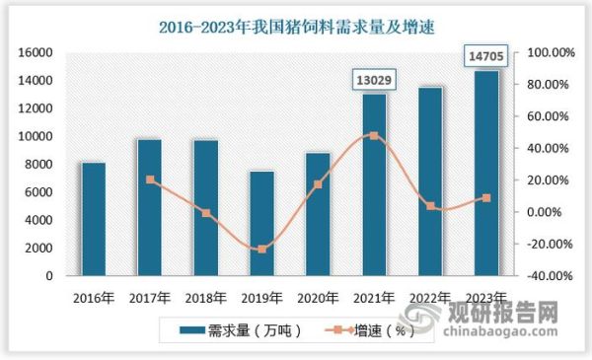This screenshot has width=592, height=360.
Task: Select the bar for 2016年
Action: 93,219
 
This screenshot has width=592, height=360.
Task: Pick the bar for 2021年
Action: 374,184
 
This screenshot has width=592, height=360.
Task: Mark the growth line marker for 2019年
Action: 261,250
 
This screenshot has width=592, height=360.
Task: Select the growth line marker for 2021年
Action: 374,135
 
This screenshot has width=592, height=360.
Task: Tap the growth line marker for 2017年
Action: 150,180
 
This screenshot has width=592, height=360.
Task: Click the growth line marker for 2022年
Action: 430,206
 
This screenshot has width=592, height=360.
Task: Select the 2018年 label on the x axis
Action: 206,296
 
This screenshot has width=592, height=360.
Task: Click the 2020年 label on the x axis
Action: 318,296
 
